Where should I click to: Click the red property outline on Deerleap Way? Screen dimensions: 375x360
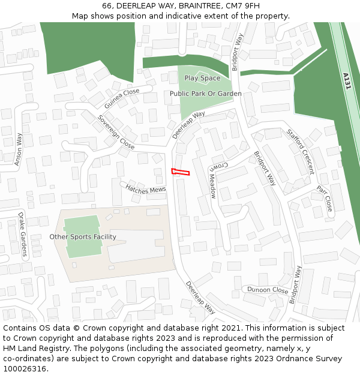[180, 172]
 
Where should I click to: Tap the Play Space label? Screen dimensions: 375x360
[202, 78]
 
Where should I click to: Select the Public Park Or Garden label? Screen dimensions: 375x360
[205, 94]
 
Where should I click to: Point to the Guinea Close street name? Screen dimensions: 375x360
[121, 98]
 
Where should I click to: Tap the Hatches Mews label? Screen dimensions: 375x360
[146, 188]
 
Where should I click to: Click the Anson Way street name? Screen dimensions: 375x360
[19, 149]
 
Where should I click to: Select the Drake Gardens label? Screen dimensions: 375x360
[22, 235]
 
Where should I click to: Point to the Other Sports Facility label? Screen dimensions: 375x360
[83, 237]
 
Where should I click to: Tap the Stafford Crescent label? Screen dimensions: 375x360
[300, 151]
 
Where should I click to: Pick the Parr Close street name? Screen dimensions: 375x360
[325, 198]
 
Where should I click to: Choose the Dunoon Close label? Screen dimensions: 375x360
[268, 290]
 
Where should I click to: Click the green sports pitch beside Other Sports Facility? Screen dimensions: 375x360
[82, 236]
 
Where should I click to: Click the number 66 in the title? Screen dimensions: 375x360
[107, 5]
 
